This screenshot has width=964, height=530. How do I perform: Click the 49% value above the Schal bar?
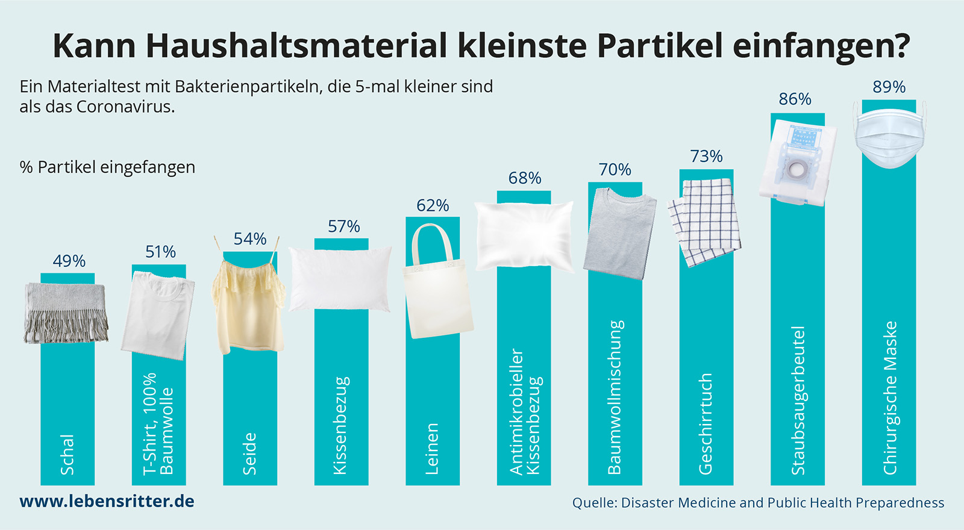tap(69, 261)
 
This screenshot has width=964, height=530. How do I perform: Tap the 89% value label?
tap(889, 87)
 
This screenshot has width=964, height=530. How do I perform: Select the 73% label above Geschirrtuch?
tap(706, 156)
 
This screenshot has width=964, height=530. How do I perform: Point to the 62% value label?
tap(433, 205)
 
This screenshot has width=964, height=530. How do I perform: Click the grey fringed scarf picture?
tap(66, 313)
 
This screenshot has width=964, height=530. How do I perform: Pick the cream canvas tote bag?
tap(437, 282)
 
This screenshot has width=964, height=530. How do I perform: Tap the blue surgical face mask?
tap(889, 135)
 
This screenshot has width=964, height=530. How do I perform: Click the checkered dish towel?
tap(704, 222)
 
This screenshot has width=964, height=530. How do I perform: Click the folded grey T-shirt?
tap(620, 234)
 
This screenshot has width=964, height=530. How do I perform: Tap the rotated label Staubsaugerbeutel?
tap(798, 401)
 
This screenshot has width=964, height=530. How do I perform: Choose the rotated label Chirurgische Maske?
tap(889, 398)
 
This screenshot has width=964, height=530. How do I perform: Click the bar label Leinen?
tap(431, 449)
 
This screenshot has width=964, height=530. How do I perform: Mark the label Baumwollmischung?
tap(615, 397)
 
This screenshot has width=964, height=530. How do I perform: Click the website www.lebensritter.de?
tap(107, 501)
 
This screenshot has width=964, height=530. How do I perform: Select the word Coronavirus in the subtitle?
tap(125, 106)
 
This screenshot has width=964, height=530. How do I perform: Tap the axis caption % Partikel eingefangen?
tap(107, 167)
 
